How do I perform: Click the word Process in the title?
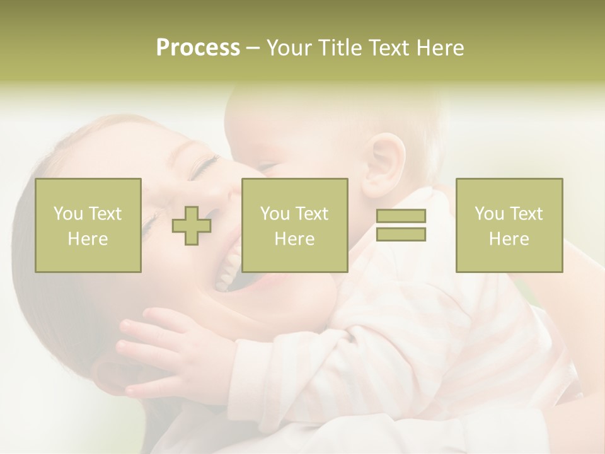(198, 48)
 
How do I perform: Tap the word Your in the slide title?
(291, 48)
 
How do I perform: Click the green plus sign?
(192, 226)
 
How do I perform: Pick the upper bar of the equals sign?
(401, 216)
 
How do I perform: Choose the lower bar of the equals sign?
(401, 235)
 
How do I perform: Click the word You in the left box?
(68, 214)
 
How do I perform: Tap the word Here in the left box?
(88, 239)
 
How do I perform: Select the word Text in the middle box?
(312, 214)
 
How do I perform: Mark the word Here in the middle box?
(294, 239)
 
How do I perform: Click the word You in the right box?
(489, 214)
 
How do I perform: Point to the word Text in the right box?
(526, 214)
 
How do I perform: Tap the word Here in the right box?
(509, 239)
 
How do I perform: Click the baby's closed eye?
(268, 167)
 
